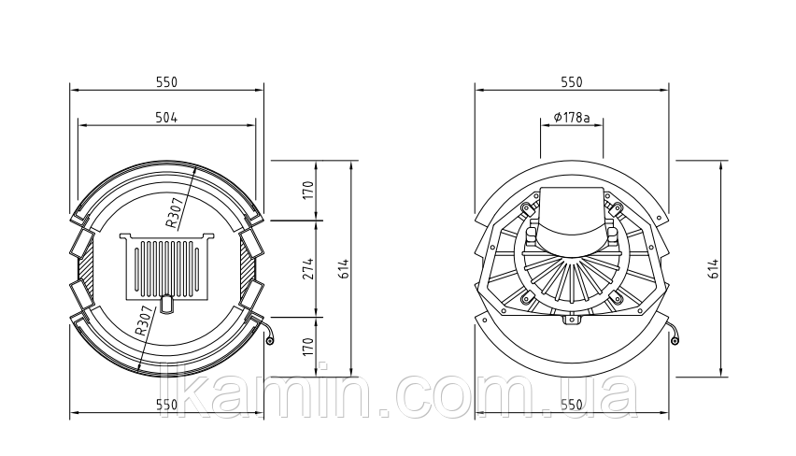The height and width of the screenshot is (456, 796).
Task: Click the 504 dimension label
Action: tap(166, 118)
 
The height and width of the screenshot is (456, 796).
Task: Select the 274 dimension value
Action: tap(308, 269)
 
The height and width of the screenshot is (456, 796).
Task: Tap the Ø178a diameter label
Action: tap(572, 118)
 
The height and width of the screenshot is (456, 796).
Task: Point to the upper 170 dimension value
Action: tap(308, 191)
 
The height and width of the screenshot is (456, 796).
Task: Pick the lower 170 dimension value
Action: tap(308, 348)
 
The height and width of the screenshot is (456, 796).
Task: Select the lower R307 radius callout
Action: tap(144, 321)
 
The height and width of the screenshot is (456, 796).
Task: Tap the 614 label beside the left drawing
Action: tap(344, 269)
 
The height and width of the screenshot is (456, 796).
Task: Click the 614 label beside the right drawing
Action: tap(714, 269)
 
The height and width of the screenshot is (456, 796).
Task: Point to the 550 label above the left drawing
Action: tap(166, 81)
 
